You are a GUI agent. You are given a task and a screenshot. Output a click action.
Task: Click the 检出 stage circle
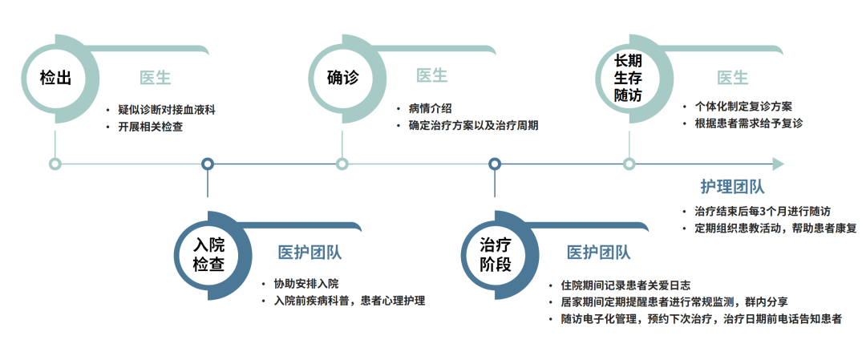(55, 78)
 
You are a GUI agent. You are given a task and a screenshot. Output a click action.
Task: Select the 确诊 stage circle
(342, 78)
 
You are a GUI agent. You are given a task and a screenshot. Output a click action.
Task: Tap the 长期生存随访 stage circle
(629, 78)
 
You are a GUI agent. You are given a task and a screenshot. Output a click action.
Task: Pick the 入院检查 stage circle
(208, 253)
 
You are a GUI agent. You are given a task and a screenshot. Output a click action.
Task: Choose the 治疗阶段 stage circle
(495, 253)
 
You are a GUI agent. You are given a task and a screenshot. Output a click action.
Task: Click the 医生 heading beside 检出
(156, 78)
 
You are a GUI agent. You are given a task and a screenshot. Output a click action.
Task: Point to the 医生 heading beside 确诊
(431, 75)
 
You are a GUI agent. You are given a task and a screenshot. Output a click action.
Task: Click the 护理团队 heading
(732, 187)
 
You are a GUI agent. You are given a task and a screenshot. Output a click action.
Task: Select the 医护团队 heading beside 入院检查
(310, 253)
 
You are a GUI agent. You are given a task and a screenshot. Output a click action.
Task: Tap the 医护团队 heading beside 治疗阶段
(598, 253)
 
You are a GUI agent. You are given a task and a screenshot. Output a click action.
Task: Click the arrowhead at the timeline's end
(778, 164)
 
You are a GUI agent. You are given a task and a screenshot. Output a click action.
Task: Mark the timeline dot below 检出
(55, 164)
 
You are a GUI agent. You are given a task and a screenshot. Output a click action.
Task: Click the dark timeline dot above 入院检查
(208, 164)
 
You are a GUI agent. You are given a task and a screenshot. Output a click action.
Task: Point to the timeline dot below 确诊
(342, 164)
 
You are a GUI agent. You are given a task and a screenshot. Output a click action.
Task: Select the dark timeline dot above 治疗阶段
(495, 164)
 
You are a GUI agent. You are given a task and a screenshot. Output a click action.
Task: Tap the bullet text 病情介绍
(430, 108)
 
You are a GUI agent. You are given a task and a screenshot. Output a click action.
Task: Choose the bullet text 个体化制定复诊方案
(743, 106)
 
